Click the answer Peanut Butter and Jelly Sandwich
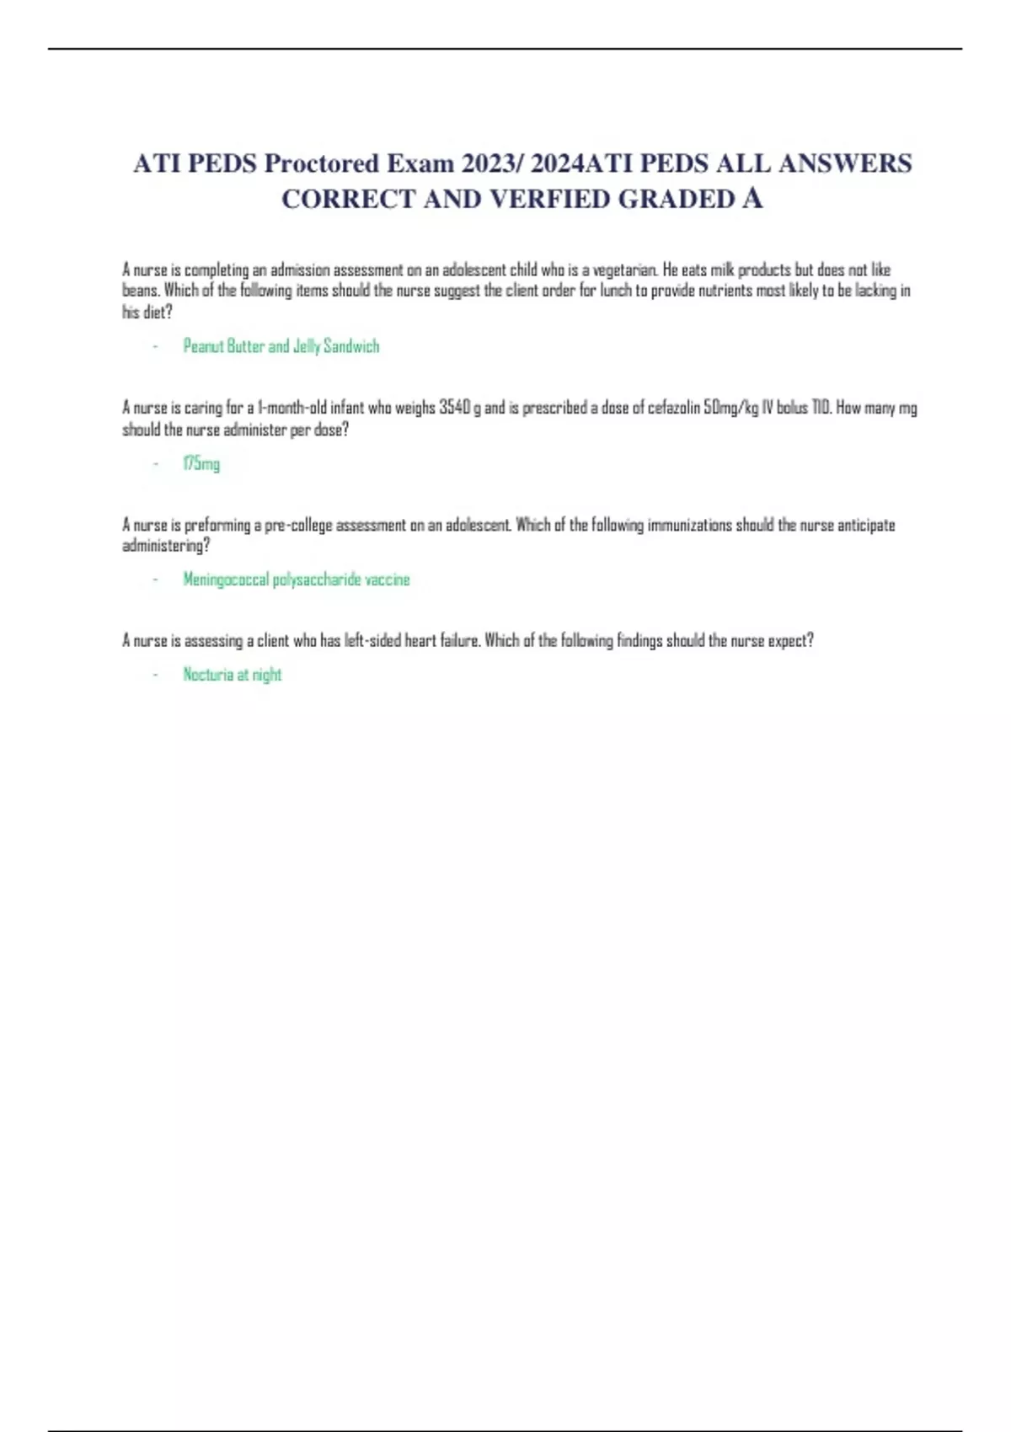click(x=281, y=346)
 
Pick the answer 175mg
click(x=201, y=463)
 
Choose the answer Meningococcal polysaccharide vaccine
click(x=297, y=580)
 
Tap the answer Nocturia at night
click(x=233, y=675)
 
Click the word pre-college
click(x=298, y=526)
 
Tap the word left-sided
click(x=372, y=641)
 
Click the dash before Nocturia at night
click(x=156, y=675)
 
